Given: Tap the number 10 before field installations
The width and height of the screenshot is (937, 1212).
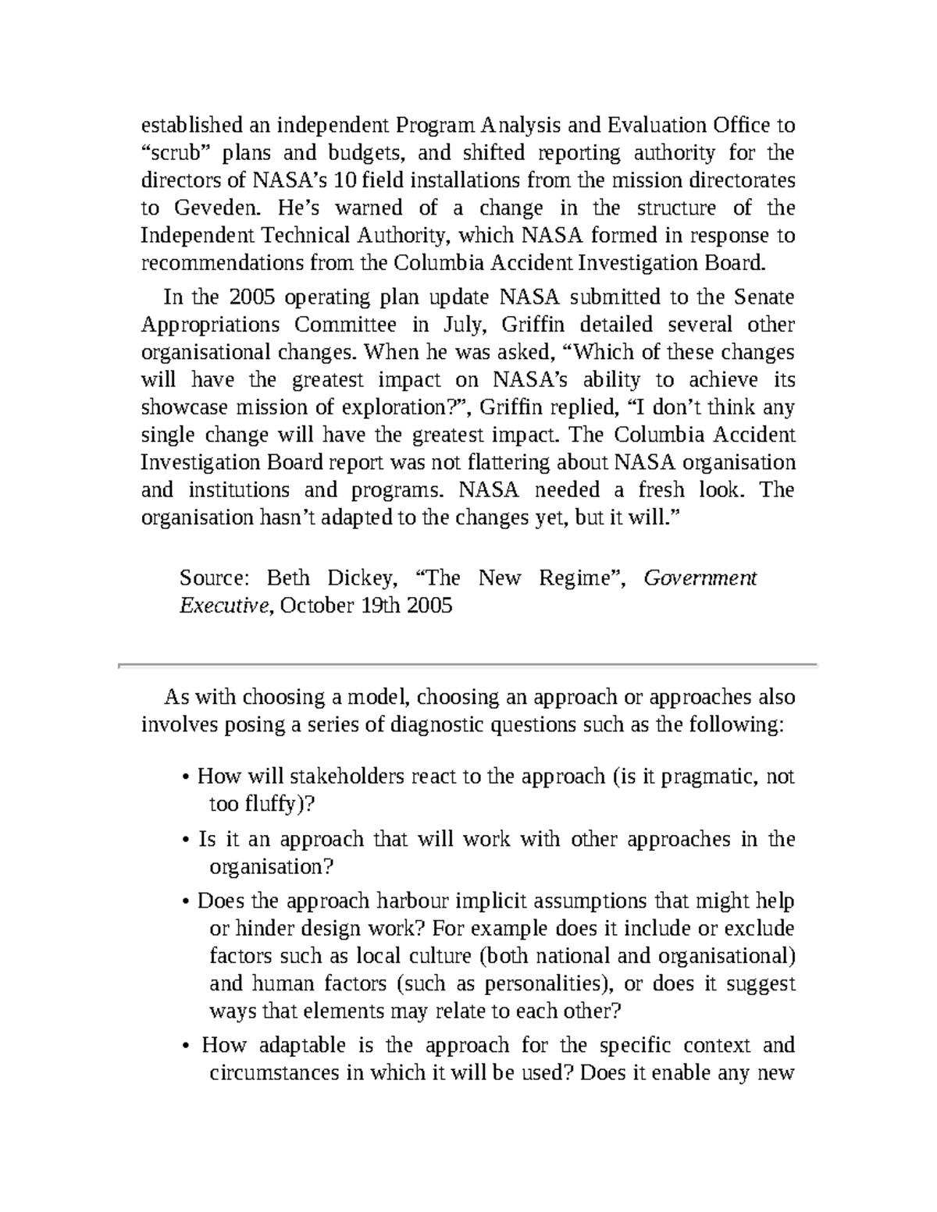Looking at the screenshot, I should pos(343,180).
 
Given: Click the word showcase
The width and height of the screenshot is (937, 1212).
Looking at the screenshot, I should pos(183,407).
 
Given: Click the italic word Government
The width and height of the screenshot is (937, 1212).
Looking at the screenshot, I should pos(700,578).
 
